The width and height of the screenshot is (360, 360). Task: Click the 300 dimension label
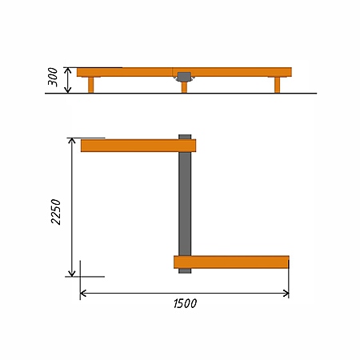pyautogui.click(x=53, y=77)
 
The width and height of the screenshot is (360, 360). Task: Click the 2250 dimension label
pyautogui.click(x=56, y=212)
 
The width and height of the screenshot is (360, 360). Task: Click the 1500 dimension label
pyautogui.click(x=185, y=303)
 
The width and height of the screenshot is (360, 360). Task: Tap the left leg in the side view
pyautogui.click(x=90, y=85)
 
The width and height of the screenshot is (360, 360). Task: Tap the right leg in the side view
pyautogui.click(x=278, y=85)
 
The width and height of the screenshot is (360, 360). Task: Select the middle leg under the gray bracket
pyautogui.click(x=184, y=87)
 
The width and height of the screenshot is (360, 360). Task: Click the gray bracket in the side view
pyautogui.click(x=184, y=77)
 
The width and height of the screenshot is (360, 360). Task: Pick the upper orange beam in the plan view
pyautogui.click(x=138, y=146)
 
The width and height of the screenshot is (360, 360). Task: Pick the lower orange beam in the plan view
pyautogui.click(x=231, y=262)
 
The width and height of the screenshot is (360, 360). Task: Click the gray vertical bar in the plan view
pyautogui.click(x=185, y=204)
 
